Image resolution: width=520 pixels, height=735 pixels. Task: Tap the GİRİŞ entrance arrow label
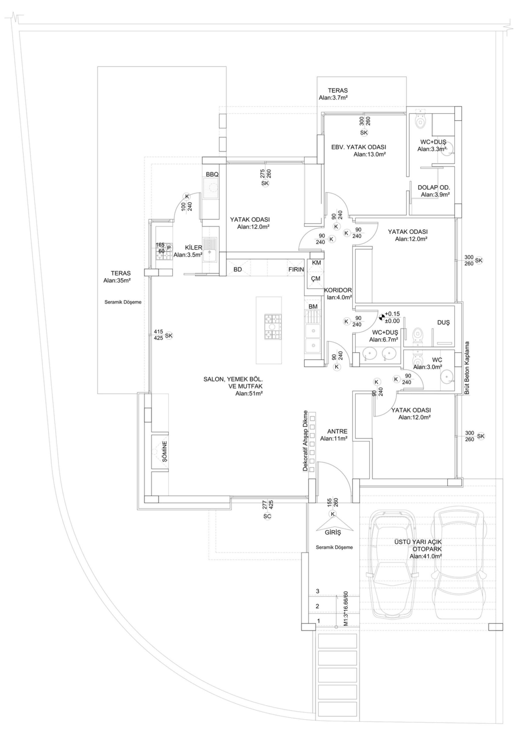pos(333,533)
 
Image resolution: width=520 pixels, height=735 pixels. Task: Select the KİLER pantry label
pos(193,247)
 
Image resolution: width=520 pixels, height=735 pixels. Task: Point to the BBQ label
pos(212,175)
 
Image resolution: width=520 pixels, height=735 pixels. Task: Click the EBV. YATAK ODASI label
pos(359,147)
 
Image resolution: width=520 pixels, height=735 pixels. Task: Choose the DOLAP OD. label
pos(434,187)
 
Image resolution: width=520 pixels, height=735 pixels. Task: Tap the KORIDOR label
pos(338,290)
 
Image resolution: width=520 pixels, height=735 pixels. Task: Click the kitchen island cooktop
pos(273,327)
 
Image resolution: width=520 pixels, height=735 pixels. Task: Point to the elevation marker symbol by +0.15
pos(381,317)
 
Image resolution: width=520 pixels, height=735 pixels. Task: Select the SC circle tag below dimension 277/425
pos(267,516)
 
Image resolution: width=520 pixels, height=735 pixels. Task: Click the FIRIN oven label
pos(296,270)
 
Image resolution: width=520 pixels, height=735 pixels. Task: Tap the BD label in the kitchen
pos(238,270)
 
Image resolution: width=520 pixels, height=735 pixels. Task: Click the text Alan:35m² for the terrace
pos(117,280)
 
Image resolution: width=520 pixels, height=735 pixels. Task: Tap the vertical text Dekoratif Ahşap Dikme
pos(305,441)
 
